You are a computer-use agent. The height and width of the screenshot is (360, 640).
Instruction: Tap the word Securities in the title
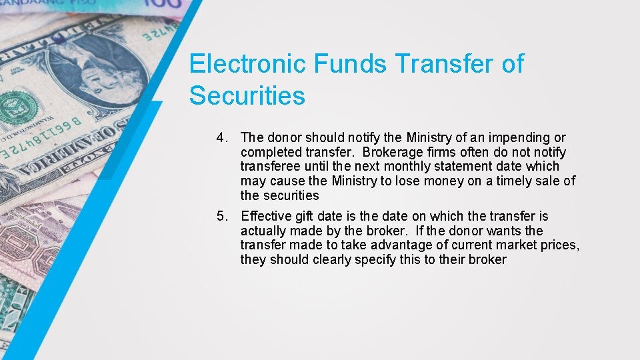[247, 96]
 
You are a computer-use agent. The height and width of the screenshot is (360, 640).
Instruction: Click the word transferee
[269, 167]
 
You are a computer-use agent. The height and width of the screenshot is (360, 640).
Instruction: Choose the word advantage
[390, 245]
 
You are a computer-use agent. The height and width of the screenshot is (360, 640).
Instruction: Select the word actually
[264, 231]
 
